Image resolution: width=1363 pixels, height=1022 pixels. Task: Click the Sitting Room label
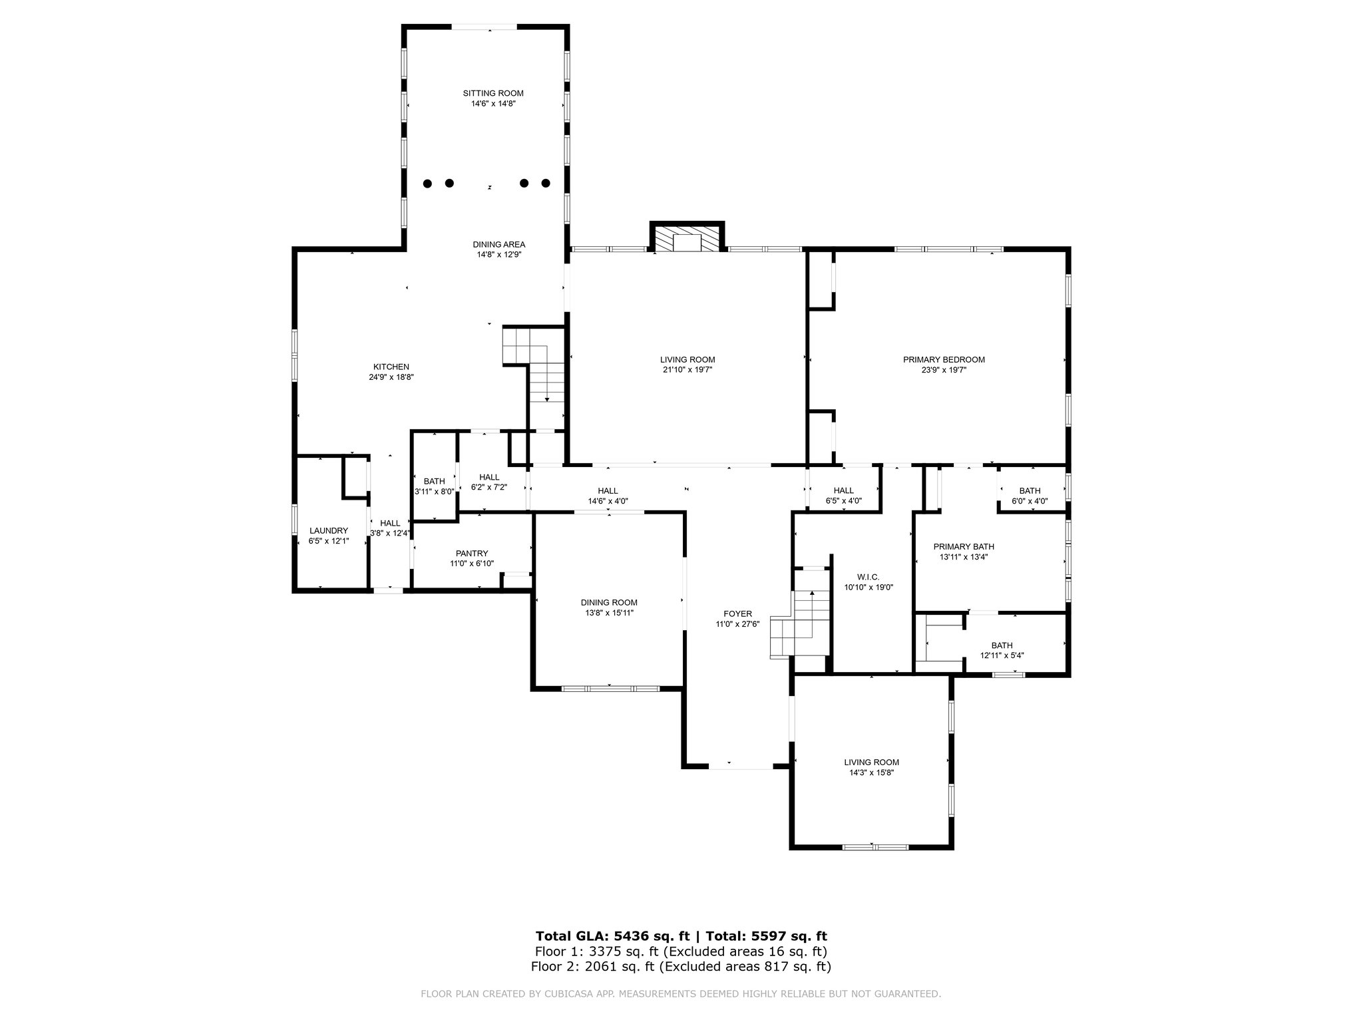493,93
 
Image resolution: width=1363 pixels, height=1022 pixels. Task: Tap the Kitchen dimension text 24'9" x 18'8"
391,377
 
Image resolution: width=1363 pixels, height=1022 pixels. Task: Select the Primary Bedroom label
944,360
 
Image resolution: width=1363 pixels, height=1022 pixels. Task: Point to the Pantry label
472,554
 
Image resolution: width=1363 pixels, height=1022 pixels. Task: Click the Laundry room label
329,531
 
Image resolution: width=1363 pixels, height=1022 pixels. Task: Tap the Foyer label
737,614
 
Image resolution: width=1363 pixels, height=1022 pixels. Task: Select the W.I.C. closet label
869,578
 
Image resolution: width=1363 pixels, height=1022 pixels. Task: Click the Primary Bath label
964,547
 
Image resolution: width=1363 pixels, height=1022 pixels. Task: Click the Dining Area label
499,244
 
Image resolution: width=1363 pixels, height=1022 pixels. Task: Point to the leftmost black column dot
428,183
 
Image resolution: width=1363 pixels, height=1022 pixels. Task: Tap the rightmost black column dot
546,183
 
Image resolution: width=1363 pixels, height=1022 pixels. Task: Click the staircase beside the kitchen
534,376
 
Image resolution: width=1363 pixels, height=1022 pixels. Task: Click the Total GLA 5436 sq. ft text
613,936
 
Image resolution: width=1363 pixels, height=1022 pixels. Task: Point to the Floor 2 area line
681,967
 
